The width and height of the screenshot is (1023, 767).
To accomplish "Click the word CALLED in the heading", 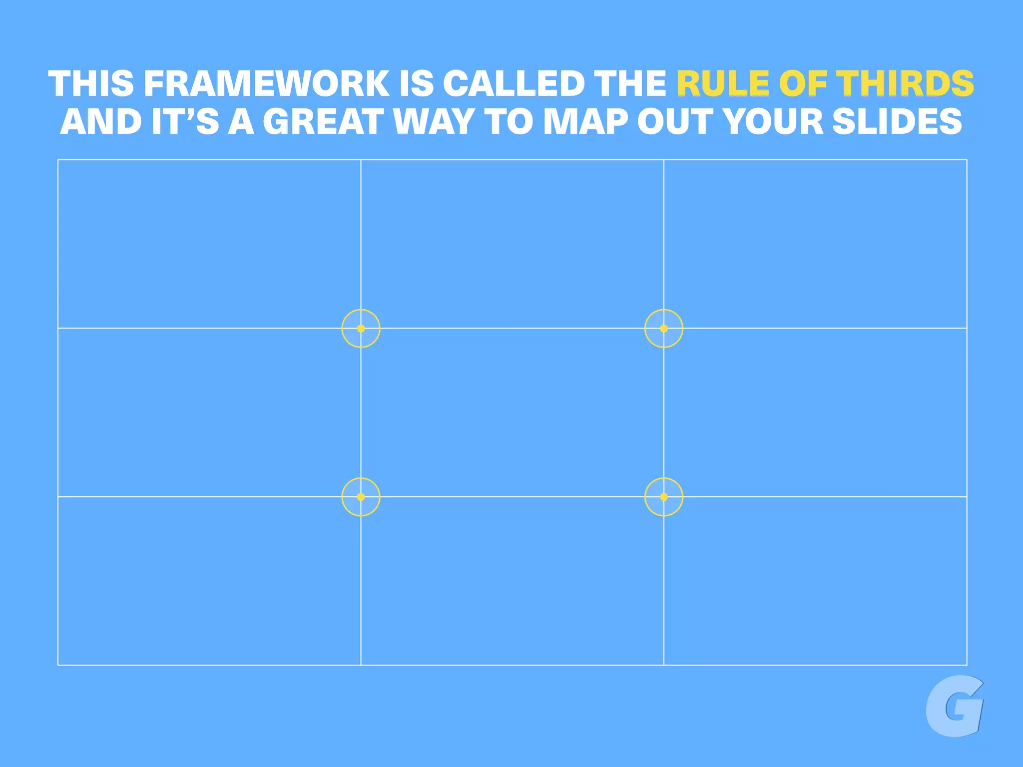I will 513,83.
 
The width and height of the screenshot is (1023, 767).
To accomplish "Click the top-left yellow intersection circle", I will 361,328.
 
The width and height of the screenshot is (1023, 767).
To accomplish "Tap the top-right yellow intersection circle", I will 663,328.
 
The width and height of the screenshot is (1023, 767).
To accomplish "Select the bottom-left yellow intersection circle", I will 361,497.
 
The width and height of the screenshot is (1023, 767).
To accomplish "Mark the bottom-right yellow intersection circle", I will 663,497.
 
